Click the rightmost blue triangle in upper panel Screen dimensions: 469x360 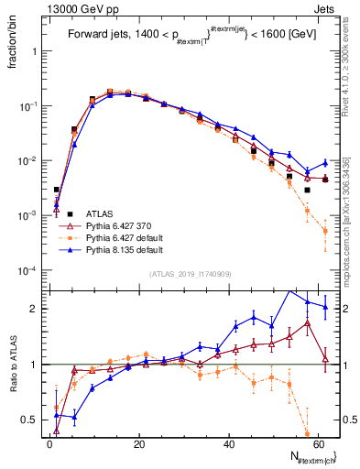[x=325, y=162]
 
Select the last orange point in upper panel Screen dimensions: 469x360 [x=325, y=231]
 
